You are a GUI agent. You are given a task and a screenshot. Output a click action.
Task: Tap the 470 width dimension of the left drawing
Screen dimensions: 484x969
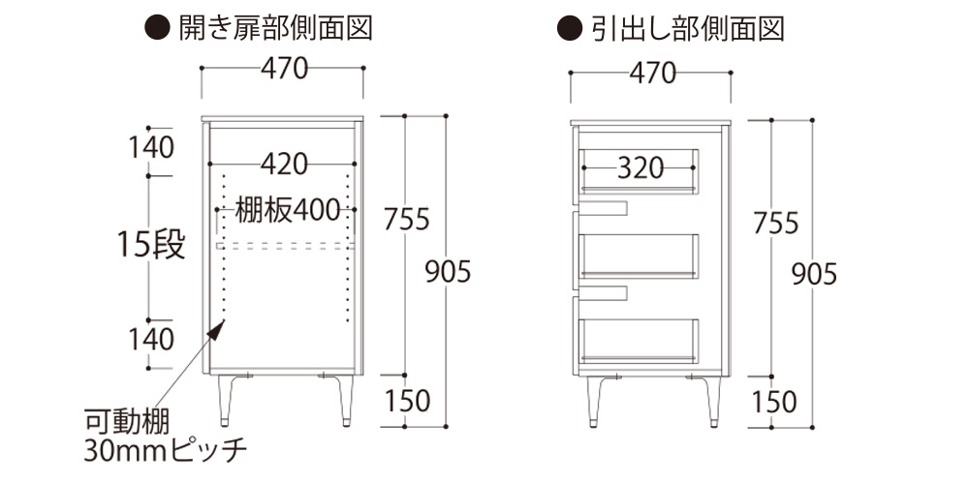point(283,69)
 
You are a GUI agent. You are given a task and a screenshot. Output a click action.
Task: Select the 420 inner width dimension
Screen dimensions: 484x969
point(283,165)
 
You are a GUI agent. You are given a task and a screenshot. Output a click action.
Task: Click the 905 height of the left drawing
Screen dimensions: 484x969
point(448,273)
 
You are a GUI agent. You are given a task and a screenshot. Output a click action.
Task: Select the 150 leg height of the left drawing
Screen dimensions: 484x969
point(406,399)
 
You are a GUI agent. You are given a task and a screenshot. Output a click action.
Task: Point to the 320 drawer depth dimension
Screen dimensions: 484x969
point(641,168)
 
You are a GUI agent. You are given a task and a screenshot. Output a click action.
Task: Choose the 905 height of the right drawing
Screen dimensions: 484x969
point(814,275)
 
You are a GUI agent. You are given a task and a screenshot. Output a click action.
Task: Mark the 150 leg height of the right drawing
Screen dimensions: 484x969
point(773,400)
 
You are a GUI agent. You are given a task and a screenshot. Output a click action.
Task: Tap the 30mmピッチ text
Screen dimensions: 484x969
point(166,449)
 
